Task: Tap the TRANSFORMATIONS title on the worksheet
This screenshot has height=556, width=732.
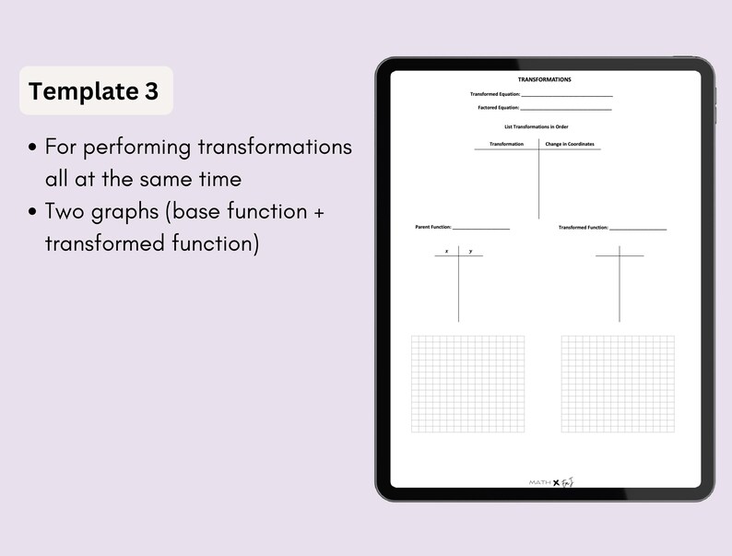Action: coord(544,79)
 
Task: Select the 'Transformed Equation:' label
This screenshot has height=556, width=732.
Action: coord(495,94)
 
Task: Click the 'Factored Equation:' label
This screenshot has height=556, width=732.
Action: coord(498,108)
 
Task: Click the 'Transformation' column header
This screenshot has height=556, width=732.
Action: coord(506,144)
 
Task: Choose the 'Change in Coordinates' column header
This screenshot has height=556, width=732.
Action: coord(570,144)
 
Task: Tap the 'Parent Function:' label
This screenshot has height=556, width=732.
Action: coord(433,227)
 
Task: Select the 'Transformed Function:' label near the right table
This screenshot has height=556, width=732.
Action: coord(583,227)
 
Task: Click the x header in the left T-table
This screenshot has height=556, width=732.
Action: coord(446,251)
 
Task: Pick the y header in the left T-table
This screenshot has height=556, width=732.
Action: coord(470,251)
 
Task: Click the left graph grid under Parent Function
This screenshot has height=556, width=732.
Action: coord(467,384)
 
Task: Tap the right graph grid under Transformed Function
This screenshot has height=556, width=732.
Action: coord(617,384)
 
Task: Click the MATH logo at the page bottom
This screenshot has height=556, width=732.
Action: coord(539,482)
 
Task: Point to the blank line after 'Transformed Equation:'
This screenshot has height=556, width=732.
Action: coord(566,95)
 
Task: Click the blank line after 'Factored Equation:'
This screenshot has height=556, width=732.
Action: coord(566,109)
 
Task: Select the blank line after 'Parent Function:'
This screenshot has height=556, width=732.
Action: coord(480,228)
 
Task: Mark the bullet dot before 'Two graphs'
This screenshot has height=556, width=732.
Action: coord(33,211)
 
